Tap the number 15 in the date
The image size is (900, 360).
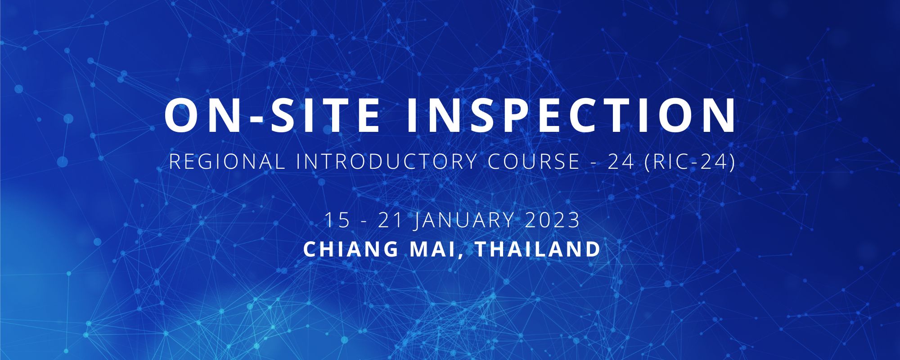click(337, 221)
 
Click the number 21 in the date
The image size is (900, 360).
click(390, 221)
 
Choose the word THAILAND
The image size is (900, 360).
click(538, 249)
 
